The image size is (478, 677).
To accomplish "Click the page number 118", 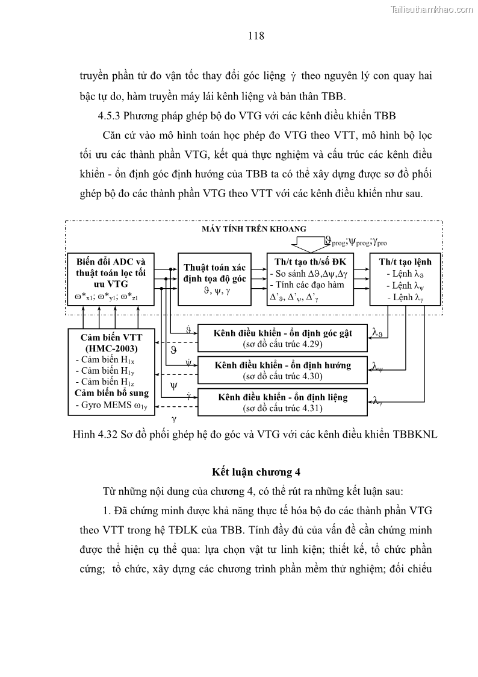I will pyautogui.click(x=256, y=36).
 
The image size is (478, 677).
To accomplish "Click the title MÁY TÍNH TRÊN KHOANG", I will pyautogui.click(x=254, y=229).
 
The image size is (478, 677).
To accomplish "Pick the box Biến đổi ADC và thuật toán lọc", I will pyautogui.click(x=111, y=279).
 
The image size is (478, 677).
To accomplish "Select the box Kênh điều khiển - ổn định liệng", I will pyautogui.click(x=283, y=402).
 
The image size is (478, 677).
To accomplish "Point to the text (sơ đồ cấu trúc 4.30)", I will pyautogui.click(x=283, y=377).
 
